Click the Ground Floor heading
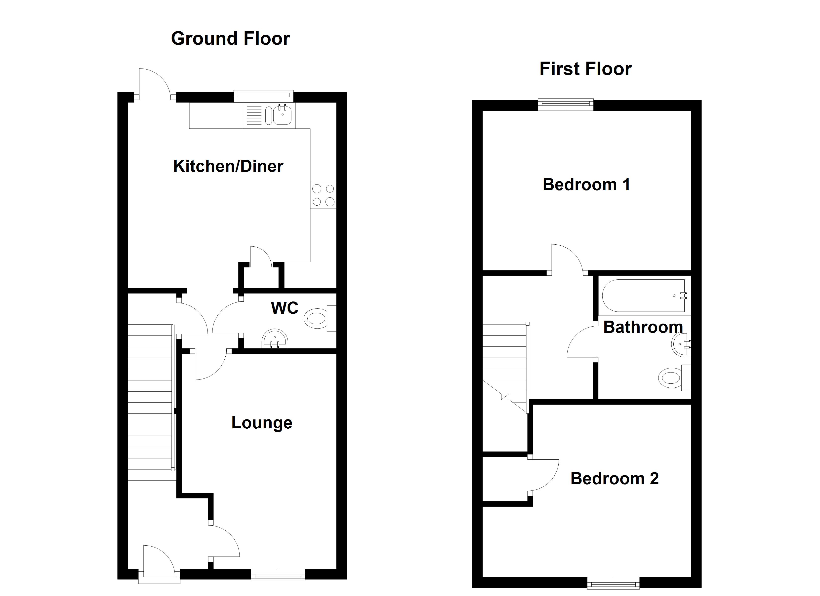tap(230, 38)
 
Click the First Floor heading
tap(585, 69)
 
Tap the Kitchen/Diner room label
tap(228, 166)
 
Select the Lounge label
tap(262, 422)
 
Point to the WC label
tap(285, 308)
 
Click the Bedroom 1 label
tap(586, 185)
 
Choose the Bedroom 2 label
tap(614, 479)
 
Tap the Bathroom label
tap(643, 327)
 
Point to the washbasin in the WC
tap(275, 339)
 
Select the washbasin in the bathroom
tap(682, 344)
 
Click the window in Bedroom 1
tap(566, 105)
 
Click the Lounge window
tap(278, 575)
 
